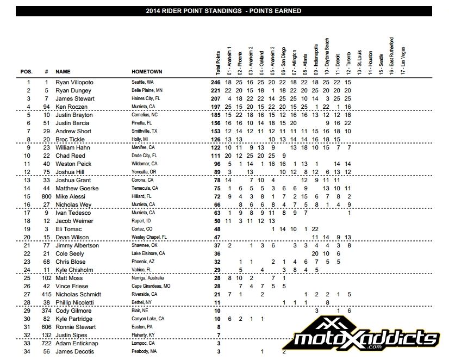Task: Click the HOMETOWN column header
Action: point(147,71)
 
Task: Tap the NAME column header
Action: point(63,71)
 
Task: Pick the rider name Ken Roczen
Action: point(71,107)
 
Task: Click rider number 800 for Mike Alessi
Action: point(47,196)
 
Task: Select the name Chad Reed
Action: point(70,156)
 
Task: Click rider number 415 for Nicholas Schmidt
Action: point(47,294)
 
